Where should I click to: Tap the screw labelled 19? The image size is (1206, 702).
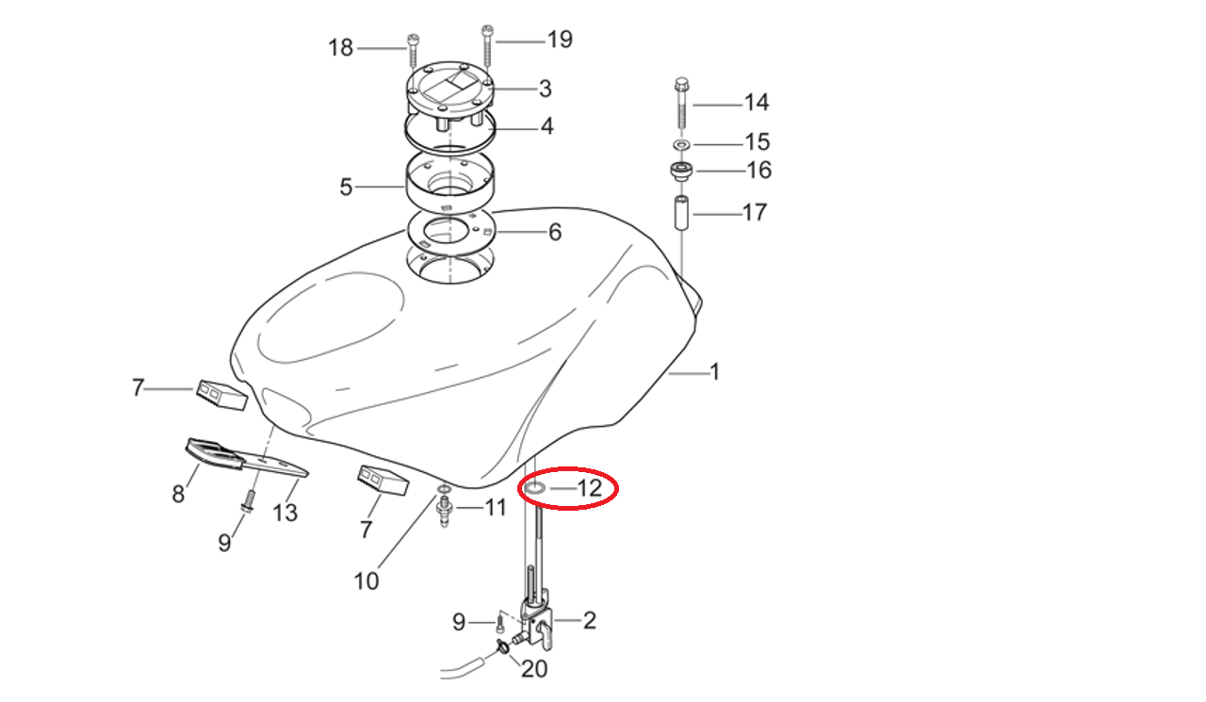click(x=488, y=46)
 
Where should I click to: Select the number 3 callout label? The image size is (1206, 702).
click(x=546, y=89)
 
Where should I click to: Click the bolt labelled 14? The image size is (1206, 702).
click(x=681, y=104)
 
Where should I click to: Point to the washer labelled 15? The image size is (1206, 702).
click(x=682, y=145)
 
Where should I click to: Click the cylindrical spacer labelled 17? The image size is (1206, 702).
click(x=681, y=213)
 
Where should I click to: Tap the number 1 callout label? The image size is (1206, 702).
click(x=714, y=372)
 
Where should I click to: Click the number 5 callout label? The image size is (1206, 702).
click(x=346, y=188)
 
